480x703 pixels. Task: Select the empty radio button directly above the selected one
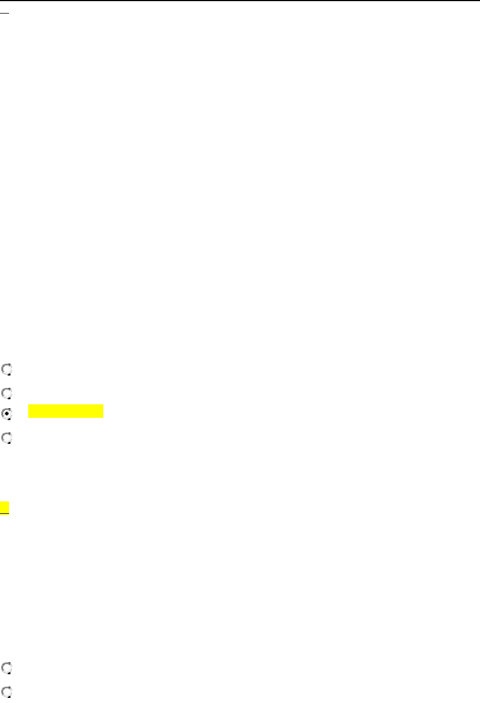pos(6,391)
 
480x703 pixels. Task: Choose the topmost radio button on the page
pos(6,370)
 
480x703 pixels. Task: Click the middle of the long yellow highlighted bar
pos(66,411)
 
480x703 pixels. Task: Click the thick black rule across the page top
pos(240,1)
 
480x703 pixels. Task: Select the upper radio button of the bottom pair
pos(6,667)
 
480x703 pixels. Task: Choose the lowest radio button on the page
pos(6,690)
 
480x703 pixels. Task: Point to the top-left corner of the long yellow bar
pos(28,404)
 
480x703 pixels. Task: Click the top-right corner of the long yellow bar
pos(104,404)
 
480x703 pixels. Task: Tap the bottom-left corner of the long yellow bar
pos(28,417)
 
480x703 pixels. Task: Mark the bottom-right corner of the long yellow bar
pos(104,417)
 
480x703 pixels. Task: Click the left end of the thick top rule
pos(1,1)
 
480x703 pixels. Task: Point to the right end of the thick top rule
pos(478,1)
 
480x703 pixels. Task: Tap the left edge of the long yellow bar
pos(29,411)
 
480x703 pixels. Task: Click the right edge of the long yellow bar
pos(104,411)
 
